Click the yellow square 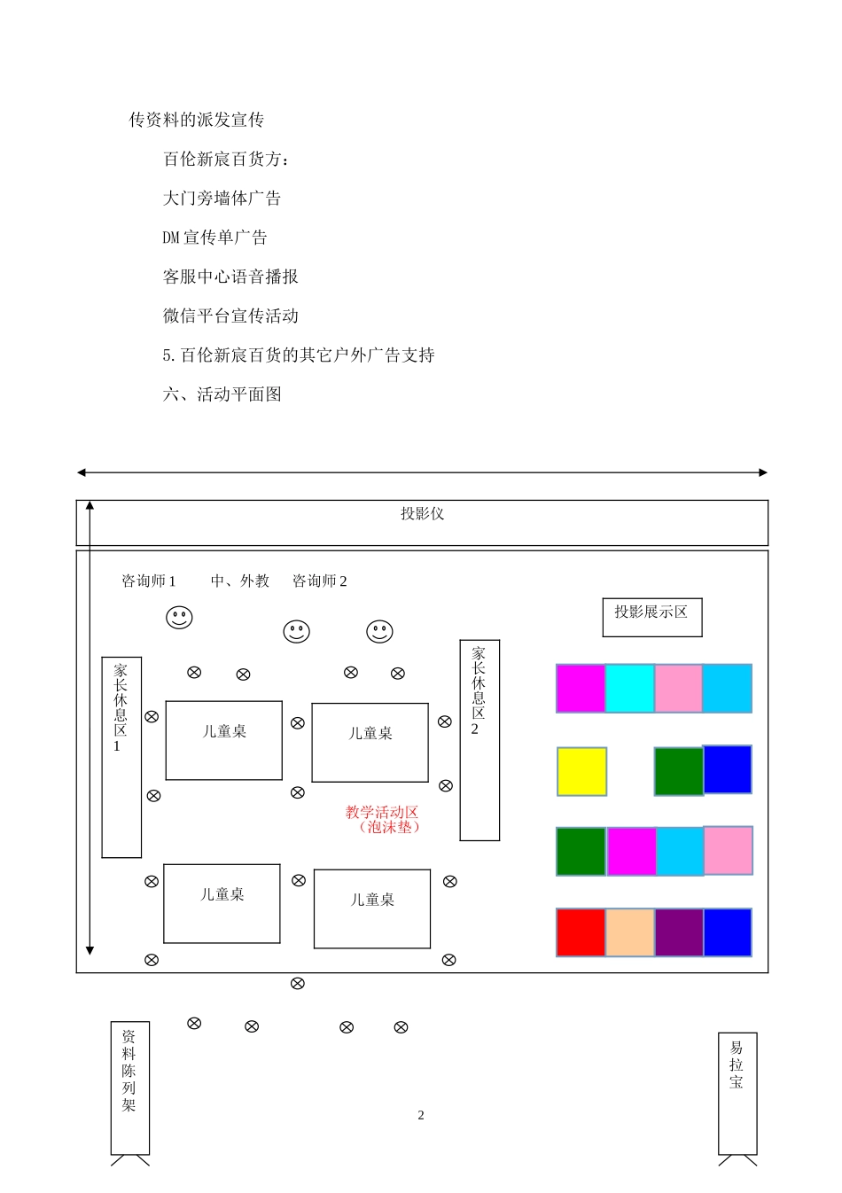581,771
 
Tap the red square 581,932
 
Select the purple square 679,932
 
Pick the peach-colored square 630,932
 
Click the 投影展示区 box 651,617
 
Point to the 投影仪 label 422,514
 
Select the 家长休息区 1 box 121,757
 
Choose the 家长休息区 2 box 479,740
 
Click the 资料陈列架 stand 129,1088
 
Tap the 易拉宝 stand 737,1093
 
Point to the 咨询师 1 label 149,581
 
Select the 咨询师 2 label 320,581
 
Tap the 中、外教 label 240,581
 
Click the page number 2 421,1115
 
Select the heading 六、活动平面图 222,394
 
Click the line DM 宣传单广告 214,238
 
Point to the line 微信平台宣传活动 230,316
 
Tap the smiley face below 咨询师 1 179,617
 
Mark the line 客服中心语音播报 230,277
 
